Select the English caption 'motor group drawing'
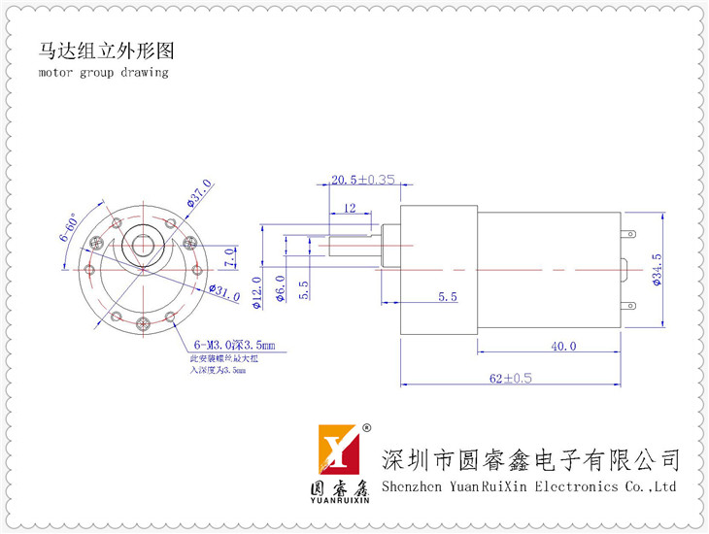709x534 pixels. pyautogui.click(x=103, y=73)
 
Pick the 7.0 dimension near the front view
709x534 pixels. pyautogui.click(x=229, y=257)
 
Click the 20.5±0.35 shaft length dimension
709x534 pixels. pyautogui.click(x=362, y=180)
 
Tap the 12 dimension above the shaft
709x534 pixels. pyautogui.click(x=350, y=207)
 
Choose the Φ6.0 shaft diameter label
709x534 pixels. pyautogui.click(x=281, y=289)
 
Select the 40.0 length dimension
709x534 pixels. pyautogui.click(x=563, y=346)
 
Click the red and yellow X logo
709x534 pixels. pyautogui.click(x=341, y=451)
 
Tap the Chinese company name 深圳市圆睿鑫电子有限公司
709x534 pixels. pyautogui.click(x=531, y=458)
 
